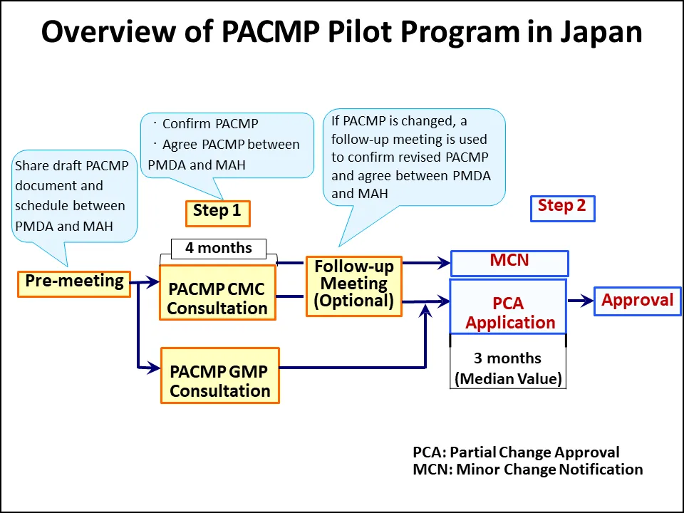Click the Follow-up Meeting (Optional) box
click(x=354, y=286)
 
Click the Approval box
click(x=638, y=301)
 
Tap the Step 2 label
click(x=562, y=207)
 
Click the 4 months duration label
click(x=218, y=249)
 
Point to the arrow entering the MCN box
click(x=427, y=263)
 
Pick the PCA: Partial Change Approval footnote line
click(x=516, y=452)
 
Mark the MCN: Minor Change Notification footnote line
click(x=527, y=470)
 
